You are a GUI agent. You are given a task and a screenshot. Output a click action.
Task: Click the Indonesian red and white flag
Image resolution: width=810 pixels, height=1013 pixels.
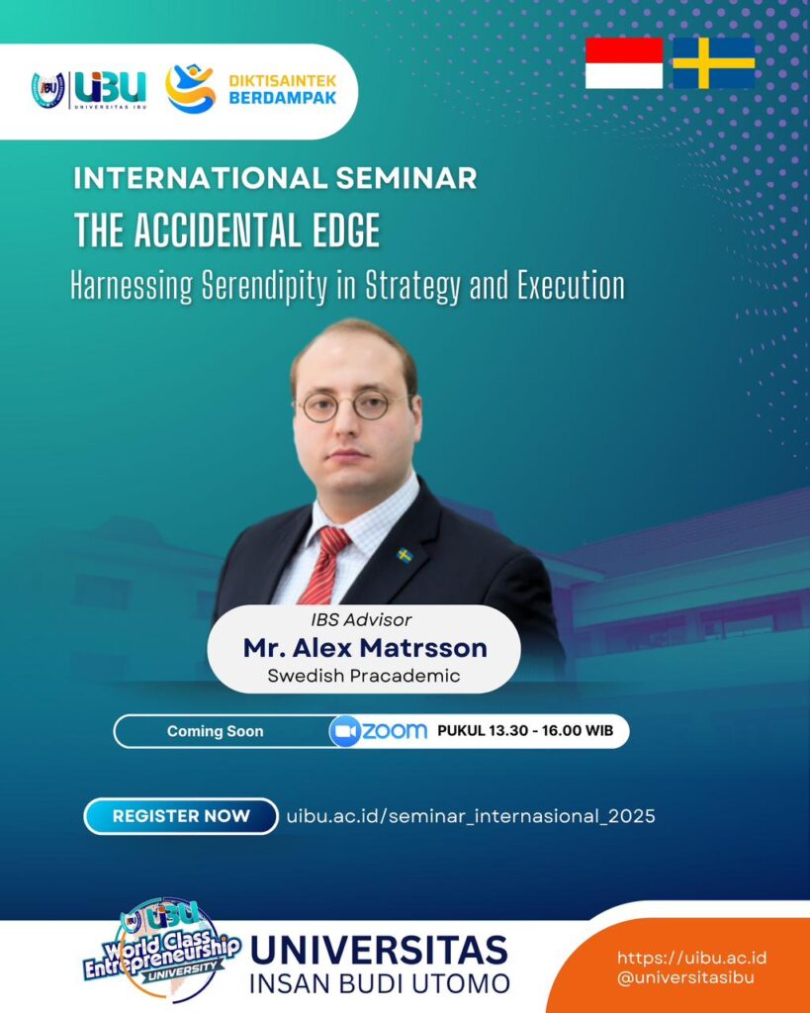[x=624, y=62]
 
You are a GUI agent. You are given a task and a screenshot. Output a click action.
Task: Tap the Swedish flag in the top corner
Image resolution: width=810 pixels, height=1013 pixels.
[x=714, y=62]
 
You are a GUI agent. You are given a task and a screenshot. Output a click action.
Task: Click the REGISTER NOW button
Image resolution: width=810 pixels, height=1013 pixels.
[x=181, y=816]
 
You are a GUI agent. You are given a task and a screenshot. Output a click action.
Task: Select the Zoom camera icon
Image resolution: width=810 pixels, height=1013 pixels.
[x=344, y=731]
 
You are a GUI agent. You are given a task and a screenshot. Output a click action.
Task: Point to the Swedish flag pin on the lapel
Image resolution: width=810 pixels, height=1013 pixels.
[x=405, y=555]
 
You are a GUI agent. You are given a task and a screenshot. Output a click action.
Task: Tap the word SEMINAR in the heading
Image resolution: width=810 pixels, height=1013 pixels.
[x=406, y=178]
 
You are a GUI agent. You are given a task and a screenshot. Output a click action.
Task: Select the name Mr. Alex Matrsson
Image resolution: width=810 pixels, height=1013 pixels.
[x=365, y=647]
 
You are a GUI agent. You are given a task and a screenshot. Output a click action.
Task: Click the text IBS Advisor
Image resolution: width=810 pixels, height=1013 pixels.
[x=361, y=619]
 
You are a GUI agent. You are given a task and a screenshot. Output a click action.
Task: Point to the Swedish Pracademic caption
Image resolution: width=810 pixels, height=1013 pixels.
[x=364, y=676]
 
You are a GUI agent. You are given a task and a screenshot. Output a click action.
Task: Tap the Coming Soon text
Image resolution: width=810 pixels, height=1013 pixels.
[x=215, y=731]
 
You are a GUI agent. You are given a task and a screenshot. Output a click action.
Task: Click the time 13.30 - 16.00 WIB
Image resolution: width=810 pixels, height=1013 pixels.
[x=551, y=731]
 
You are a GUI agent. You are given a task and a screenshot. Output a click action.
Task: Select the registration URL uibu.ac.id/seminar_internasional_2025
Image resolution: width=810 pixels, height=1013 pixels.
[x=471, y=816]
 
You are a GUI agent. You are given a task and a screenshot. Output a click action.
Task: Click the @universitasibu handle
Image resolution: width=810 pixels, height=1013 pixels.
[x=685, y=977]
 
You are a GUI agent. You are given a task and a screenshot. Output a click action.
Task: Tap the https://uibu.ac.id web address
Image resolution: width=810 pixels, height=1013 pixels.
[x=691, y=958]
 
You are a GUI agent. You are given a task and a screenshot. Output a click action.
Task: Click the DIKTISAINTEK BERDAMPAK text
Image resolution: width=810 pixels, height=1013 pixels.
[x=283, y=90]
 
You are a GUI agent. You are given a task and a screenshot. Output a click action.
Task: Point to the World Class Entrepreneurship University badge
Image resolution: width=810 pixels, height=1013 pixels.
[x=163, y=949]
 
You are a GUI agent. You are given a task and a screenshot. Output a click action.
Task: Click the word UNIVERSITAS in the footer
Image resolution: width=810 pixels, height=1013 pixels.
[x=379, y=951]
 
